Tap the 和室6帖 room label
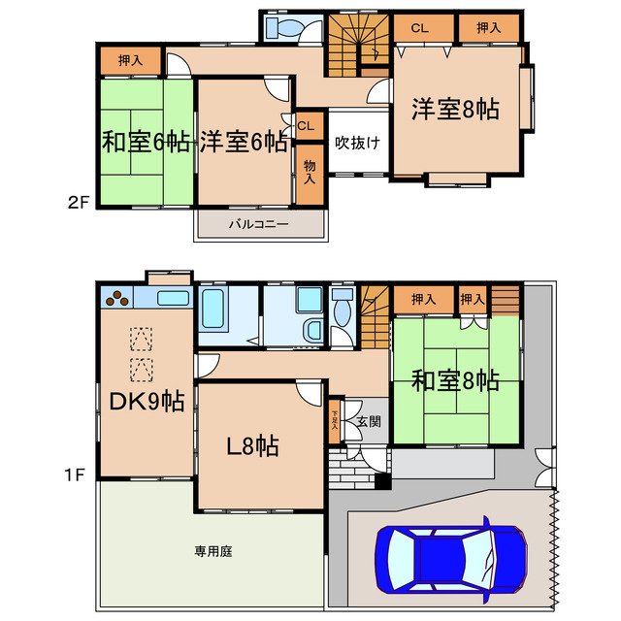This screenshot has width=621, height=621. coord(146,143)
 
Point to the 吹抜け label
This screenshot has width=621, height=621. coord(357,143)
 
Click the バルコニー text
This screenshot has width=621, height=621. coord(259,224)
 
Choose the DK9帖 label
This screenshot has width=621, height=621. coord(145,401)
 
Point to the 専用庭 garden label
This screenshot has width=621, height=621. coord(212,551)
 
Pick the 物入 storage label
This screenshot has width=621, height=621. coord(310,173)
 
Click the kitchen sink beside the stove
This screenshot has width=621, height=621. coord(172,296)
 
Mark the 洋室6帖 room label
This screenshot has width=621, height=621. coord(244,143)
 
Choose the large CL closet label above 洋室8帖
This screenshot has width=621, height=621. coord(419,28)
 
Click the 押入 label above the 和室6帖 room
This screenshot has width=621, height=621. coord(130,60)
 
